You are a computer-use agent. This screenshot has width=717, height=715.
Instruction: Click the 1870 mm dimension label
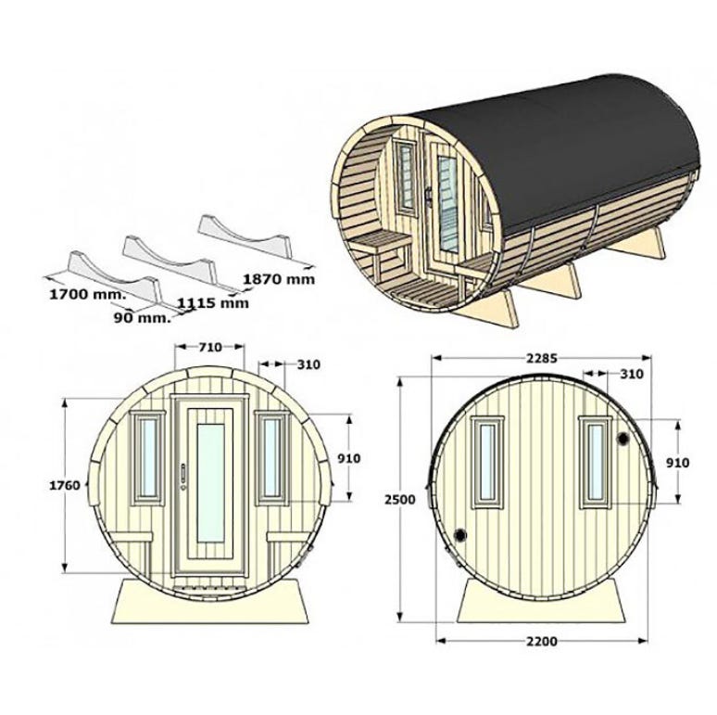coord(279,278)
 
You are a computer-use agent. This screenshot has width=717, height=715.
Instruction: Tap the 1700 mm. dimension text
coord(87,294)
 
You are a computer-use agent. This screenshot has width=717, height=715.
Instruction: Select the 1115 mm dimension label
coord(213,303)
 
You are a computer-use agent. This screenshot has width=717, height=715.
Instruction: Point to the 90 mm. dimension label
coord(143,317)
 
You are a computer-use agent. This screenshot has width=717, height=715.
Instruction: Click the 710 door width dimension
coord(210,347)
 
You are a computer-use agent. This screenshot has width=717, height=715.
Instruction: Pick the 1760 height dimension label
coord(65,485)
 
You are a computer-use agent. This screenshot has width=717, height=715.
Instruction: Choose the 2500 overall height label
coord(400,500)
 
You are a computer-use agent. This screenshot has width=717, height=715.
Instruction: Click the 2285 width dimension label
coord(542,358)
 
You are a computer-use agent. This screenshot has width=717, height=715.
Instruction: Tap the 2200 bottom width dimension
coord(542,642)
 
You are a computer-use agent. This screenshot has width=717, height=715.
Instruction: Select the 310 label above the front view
coord(308,364)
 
